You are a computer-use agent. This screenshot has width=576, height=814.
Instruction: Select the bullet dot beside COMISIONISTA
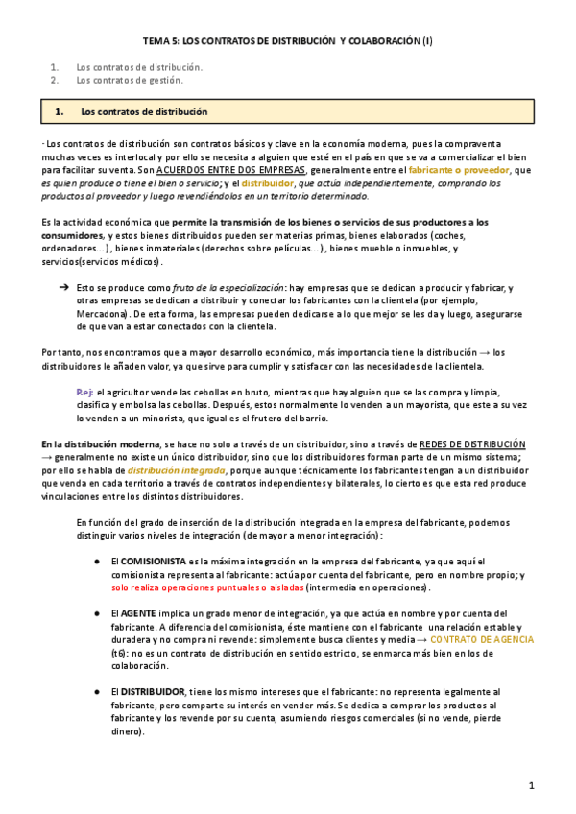(x=99, y=561)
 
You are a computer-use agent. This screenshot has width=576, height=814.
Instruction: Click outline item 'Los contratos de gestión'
(x=129, y=81)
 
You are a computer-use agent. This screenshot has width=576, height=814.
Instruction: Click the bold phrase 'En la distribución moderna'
(x=100, y=444)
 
